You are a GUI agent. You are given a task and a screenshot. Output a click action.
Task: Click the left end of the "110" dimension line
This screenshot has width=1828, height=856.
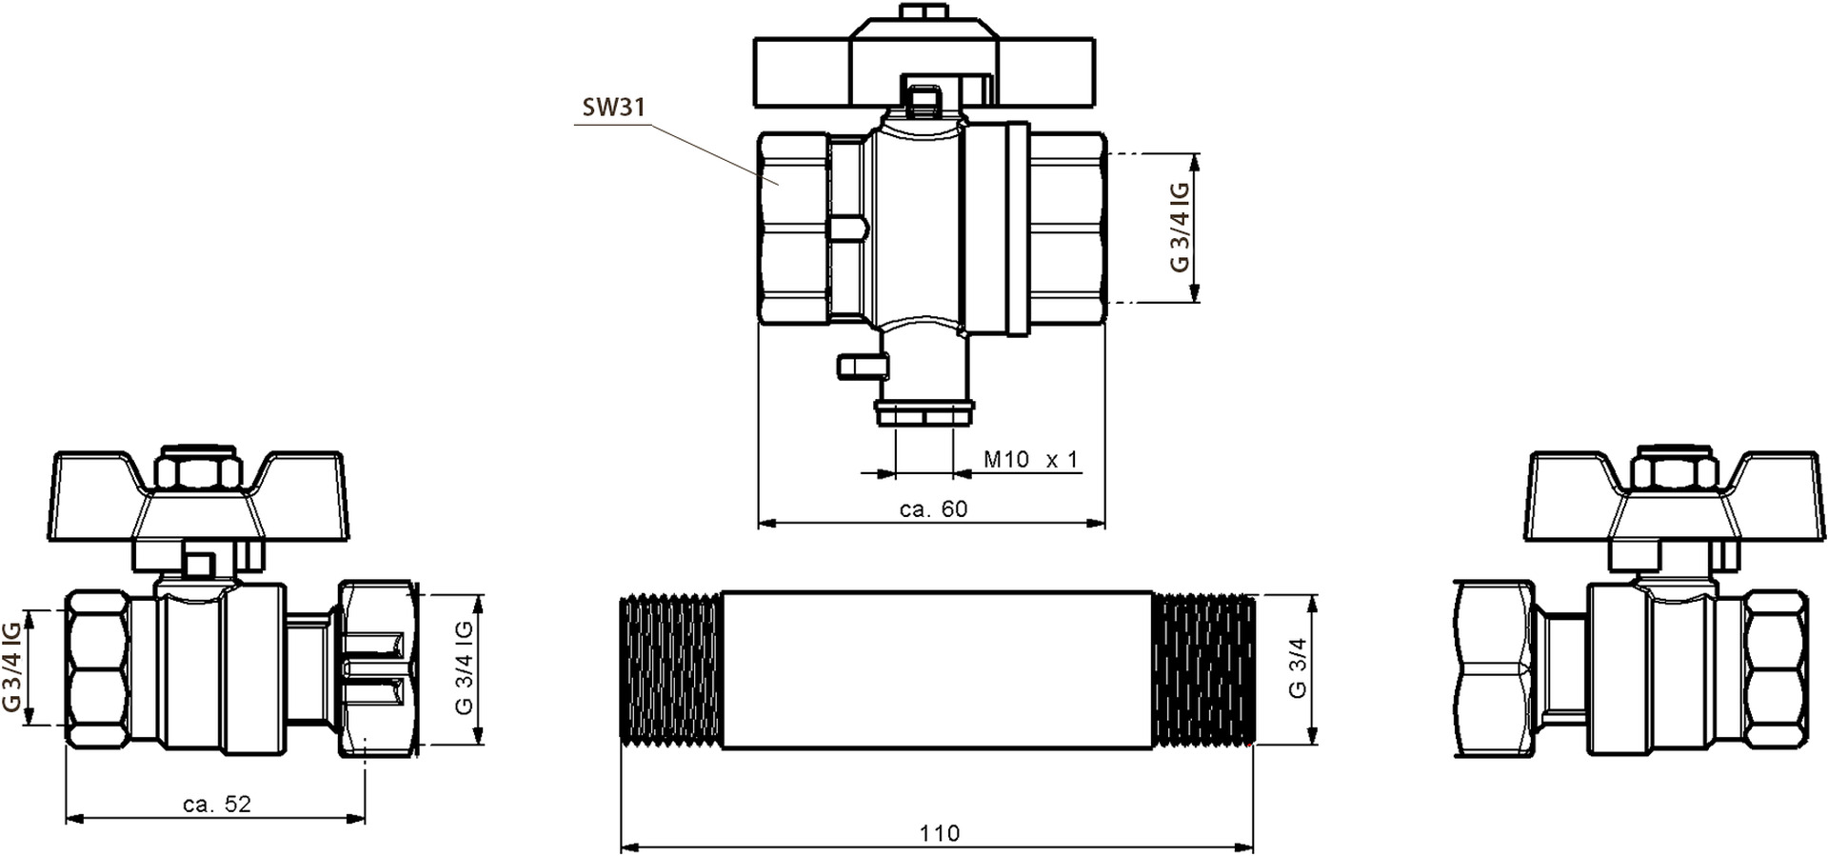click(621, 846)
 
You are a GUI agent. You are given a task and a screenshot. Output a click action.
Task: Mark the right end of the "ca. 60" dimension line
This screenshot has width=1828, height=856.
click(1104, 523)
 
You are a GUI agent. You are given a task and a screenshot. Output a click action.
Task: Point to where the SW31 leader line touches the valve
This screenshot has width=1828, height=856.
click(780, 184)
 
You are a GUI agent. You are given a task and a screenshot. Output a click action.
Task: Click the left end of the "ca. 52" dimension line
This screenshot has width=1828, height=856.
click(66, 817)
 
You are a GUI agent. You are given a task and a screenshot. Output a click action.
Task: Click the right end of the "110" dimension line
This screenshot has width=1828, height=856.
click(1253, 846)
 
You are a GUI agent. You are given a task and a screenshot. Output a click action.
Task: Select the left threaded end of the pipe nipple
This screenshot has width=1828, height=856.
click(671, 669)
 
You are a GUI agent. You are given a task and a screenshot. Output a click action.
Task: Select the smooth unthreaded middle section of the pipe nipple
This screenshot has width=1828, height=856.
click(937, 669)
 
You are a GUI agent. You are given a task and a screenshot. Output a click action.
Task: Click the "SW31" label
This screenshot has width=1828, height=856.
click(614, 108)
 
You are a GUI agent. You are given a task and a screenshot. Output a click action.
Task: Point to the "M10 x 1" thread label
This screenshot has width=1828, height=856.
click(1031, 460)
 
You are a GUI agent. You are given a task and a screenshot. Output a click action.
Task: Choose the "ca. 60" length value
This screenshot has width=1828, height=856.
click(933, 509)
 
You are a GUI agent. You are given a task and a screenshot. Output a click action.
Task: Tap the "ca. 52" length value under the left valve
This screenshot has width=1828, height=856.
click(217, 805)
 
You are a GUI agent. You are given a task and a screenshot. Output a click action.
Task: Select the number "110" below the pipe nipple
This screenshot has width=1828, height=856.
click(940, 833)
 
